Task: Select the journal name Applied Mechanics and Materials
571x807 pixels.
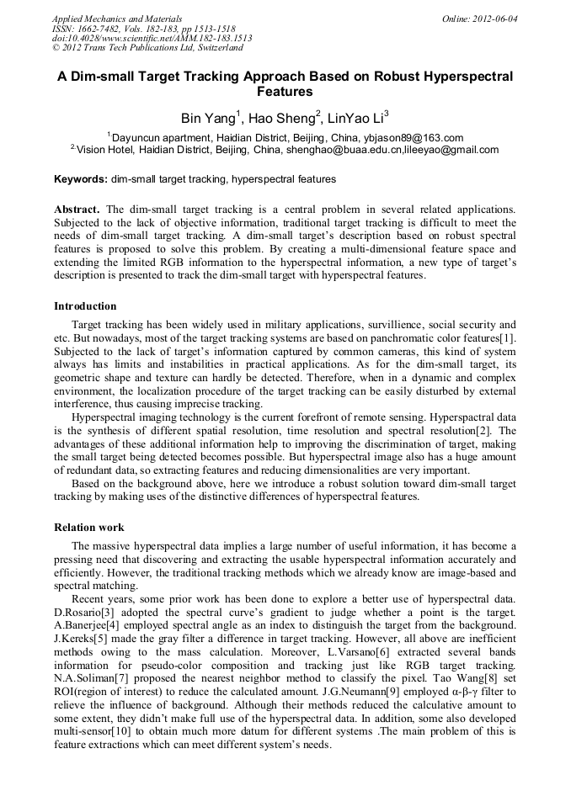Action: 117,19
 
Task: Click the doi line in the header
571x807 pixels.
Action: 152,39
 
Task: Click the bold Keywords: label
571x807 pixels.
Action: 81,179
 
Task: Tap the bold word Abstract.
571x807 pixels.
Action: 77,209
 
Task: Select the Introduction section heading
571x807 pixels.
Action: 85,306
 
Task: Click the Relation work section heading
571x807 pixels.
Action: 89,528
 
